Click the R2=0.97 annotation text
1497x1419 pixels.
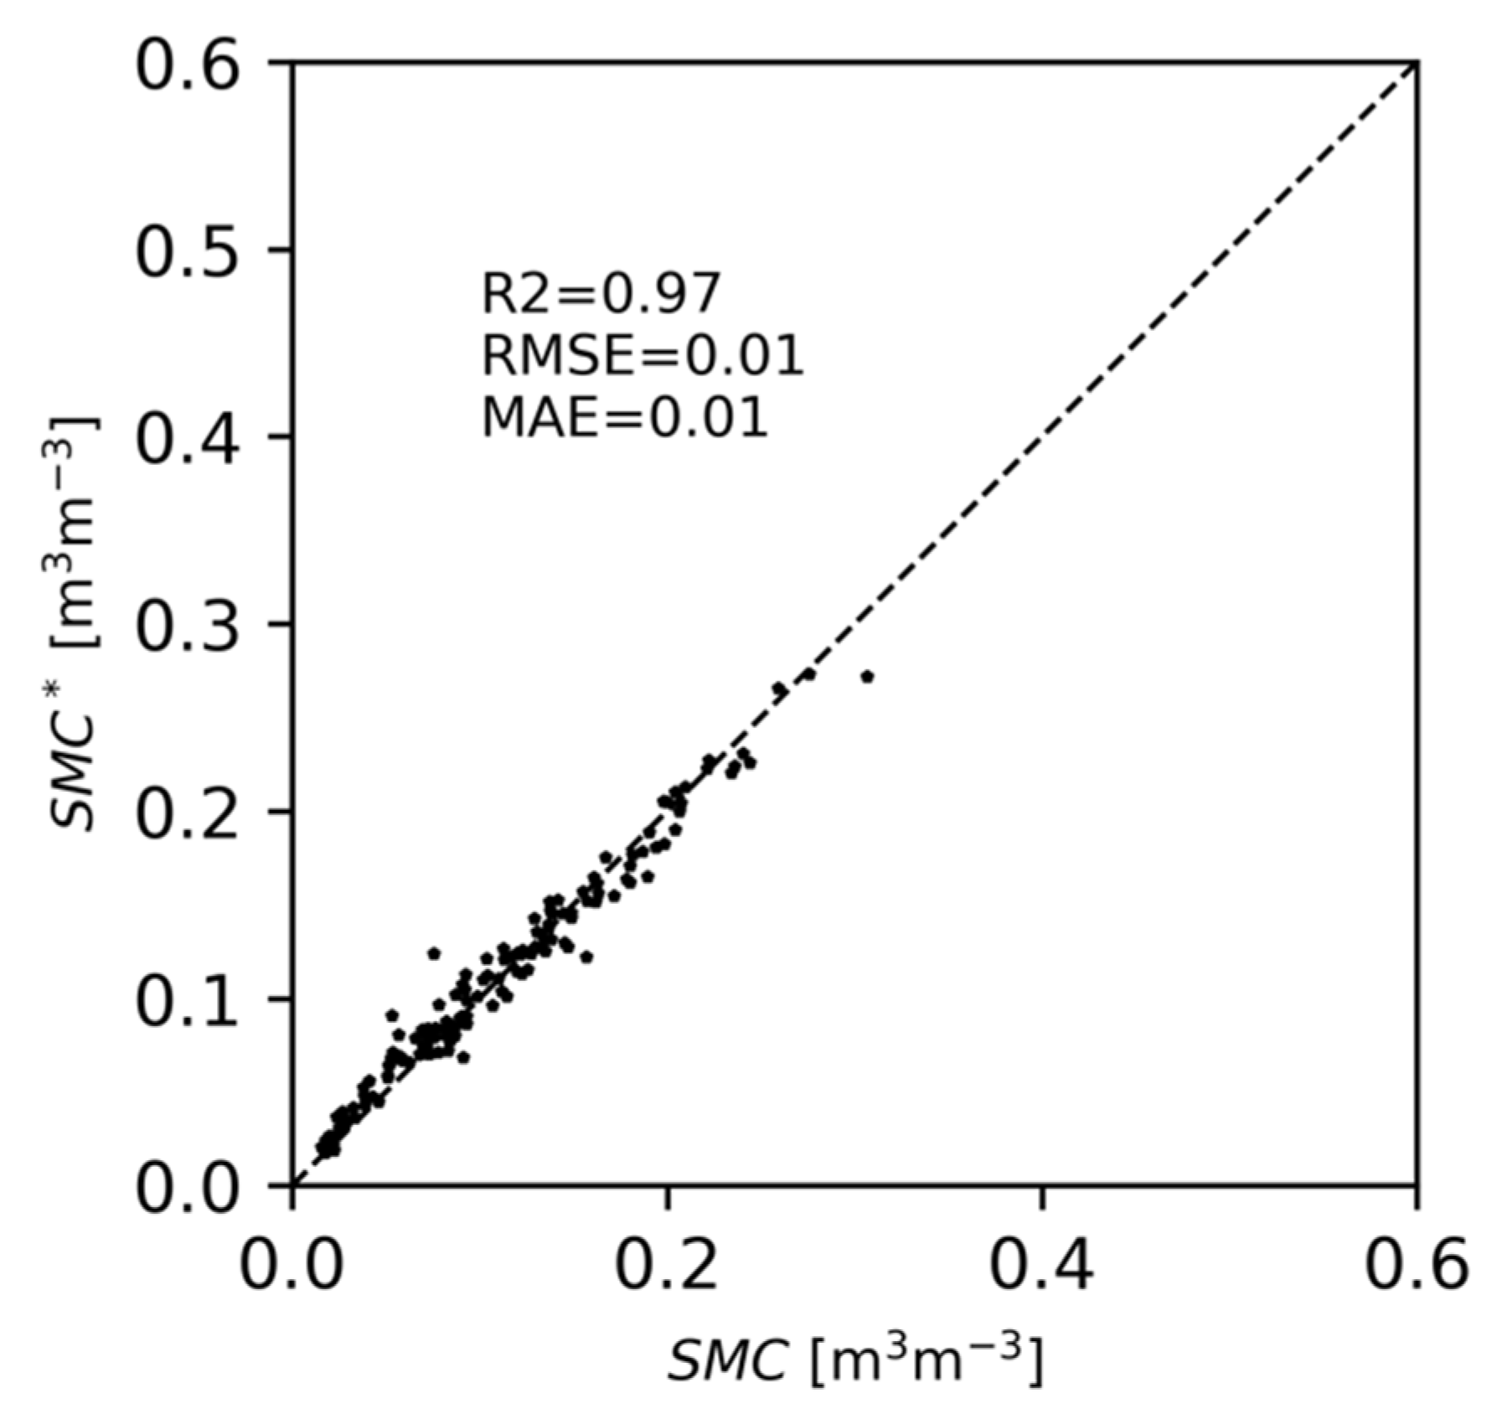pos(601,295)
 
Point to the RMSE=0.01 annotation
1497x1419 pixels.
pos(643,356)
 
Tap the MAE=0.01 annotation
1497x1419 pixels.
pos(625,417)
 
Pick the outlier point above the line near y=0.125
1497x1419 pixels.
pos(433,953)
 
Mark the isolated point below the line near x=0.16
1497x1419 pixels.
pos(586,957)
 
